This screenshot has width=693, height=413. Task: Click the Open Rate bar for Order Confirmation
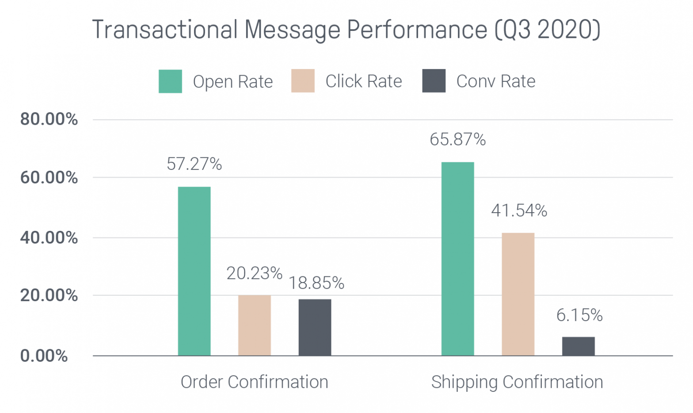tap(194, 271)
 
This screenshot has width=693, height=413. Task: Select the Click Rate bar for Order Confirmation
tap(254, 325)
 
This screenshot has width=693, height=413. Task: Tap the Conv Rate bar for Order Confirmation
tap(315, 327)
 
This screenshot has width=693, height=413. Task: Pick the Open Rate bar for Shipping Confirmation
tap(457, 259)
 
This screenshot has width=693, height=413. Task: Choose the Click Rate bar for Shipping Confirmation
tap(518, 294)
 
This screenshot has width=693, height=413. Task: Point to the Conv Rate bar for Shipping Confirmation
tap(578, 346)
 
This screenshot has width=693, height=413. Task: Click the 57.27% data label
tap(194, 164)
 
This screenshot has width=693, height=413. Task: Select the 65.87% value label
tap(457, 140)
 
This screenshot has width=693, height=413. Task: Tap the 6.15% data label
tap(579, 315)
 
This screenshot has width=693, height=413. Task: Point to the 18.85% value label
tap(316, 283)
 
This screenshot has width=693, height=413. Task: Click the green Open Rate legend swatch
tap(170, 81)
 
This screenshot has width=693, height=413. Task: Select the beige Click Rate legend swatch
tap(303, 81)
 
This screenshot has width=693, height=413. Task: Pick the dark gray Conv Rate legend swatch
tap(434, 81)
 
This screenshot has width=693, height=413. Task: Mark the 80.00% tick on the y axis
tap(49, 119)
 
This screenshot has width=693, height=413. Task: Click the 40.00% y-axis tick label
tap(49, 238)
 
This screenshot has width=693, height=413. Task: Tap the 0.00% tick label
tap(44, 356)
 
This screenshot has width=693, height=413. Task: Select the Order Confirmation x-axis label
tap(254, 382)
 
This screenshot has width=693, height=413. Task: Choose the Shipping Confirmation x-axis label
tap(517, 382)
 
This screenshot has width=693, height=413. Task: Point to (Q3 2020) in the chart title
tap(547, 30)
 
